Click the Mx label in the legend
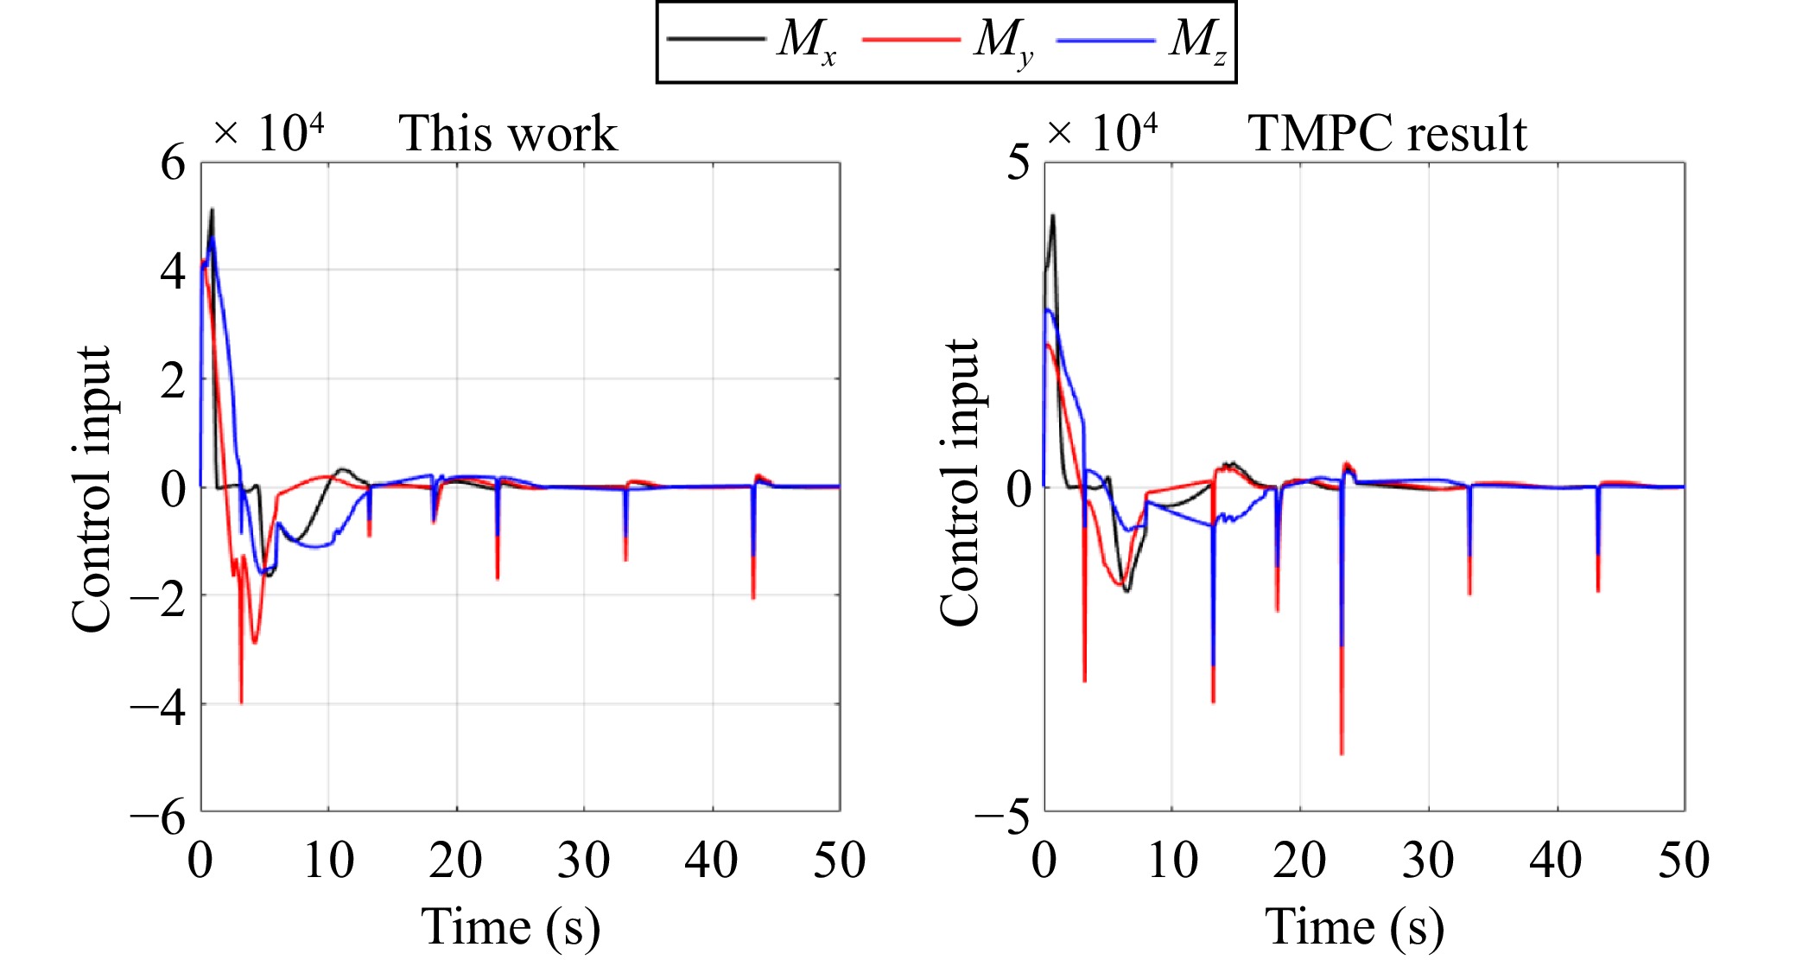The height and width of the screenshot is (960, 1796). pos(805,41)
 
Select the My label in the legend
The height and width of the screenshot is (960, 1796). pos(1002,41)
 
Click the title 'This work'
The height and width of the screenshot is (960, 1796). pos(507,134)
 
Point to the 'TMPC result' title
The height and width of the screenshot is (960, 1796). pos(1387,134)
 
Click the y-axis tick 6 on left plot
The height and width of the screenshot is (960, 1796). pos(173,162)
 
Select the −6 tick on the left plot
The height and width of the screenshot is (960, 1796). pos(159,814)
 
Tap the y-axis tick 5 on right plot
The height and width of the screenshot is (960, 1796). pos(1019,162)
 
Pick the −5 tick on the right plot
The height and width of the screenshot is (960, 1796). pos(1004,814)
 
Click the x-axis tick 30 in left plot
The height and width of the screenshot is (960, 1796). pos(584,861)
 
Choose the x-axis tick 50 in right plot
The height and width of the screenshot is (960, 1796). pos(1684,861)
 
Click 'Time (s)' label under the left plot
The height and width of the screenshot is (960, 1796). pos(511,927)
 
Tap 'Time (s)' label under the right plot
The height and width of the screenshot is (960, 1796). pos(1355,927)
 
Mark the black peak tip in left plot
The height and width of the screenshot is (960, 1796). pos(212,209)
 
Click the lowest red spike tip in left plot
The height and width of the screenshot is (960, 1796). pos(241,703)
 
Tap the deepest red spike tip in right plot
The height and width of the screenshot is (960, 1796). pos(1342,754)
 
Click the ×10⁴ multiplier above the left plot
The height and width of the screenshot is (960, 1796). pos(269,134)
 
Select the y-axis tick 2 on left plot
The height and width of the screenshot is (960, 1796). pos(173,380)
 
